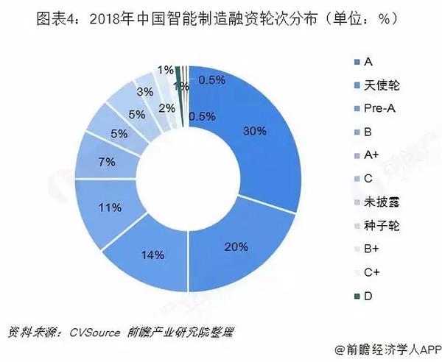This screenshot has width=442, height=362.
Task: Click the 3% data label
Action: (x=145, y=92)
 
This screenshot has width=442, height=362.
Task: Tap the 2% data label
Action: (x=167, y=108)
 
